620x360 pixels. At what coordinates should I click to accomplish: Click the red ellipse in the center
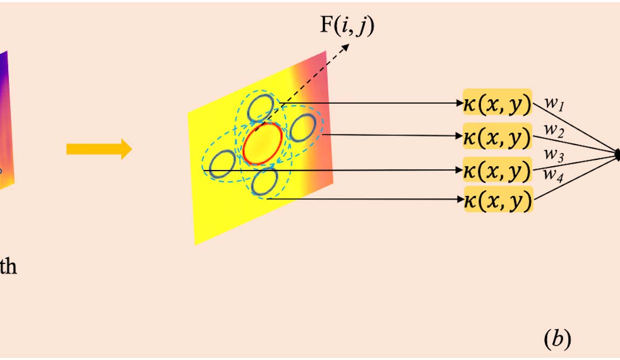point(262,142)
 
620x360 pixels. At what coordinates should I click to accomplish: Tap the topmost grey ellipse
point(261,108)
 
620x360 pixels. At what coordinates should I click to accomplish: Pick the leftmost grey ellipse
point(222,164)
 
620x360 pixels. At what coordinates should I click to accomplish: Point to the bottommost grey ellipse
point(264,181)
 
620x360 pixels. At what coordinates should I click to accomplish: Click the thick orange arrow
point(99,148)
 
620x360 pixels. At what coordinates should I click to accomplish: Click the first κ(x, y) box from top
point(498,103)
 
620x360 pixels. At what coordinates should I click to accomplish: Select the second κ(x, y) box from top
point(498,136)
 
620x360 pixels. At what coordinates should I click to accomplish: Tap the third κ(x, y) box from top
point(498,170)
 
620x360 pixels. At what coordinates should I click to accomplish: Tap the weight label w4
point(553,174)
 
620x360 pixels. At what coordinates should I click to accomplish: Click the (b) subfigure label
point(556,338)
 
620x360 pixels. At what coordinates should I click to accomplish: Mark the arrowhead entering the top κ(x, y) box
point(460,103)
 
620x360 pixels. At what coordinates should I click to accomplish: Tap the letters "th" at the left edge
point(8,267)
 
